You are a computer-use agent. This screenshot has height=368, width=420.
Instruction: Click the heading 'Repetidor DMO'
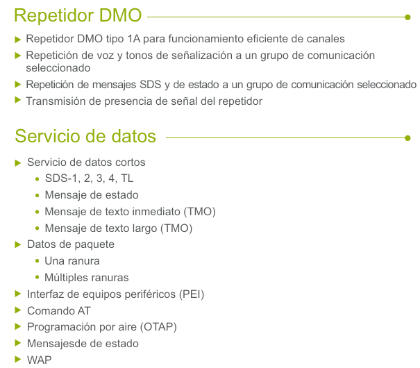78,15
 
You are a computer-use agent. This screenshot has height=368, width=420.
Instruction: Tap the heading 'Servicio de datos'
85,137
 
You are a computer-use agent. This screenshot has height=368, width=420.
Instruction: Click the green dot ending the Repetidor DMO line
408,17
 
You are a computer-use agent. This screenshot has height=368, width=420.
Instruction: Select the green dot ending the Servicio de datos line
408,138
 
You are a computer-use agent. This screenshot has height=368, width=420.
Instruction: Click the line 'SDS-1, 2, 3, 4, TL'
89,178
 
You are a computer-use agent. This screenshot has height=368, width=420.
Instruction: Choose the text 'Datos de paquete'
71,244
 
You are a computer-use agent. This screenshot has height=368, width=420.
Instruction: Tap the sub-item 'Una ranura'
72,261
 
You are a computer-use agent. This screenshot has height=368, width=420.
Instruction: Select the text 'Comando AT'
59,311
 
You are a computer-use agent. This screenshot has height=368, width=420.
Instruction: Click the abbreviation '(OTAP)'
158,327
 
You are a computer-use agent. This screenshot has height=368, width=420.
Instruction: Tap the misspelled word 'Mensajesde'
57,344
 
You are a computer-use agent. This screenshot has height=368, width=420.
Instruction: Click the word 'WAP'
40,360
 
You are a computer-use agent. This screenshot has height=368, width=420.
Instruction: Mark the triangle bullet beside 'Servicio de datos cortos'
18,163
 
